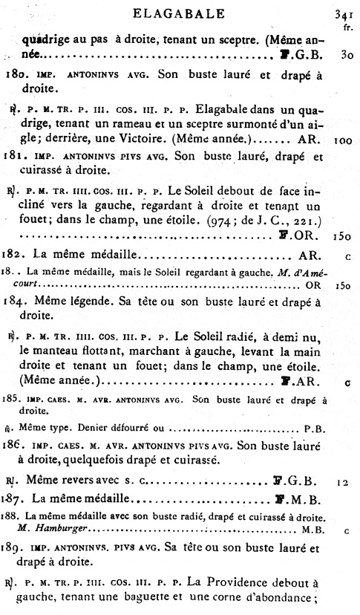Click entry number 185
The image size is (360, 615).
click(x=13, y=399)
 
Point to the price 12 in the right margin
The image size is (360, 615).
click(x=342, y=481)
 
